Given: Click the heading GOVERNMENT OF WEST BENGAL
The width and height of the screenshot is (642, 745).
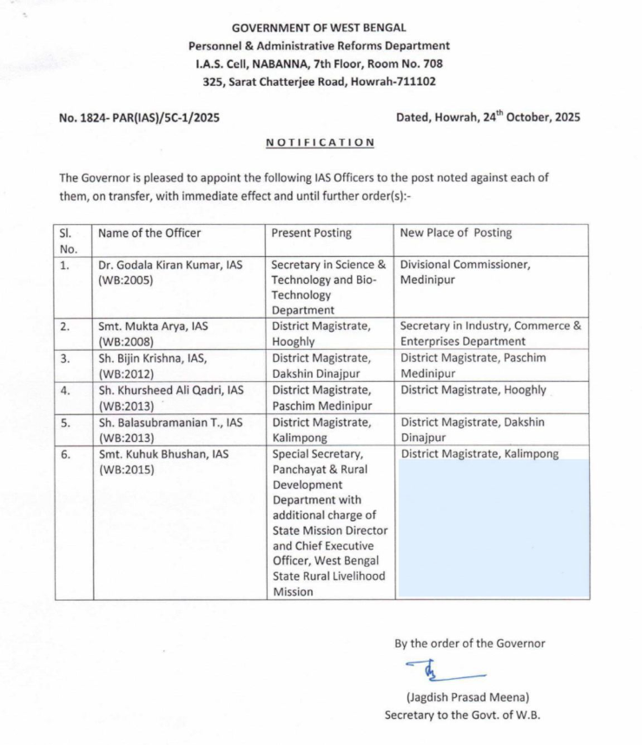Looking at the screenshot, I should [x=319, y=28].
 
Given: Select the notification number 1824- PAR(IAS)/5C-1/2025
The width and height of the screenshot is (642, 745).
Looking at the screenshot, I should [x=139, y=117].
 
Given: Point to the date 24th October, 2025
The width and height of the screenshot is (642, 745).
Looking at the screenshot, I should [x=530, y=117].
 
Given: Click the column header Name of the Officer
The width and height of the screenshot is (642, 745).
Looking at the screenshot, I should [x=149, y=233].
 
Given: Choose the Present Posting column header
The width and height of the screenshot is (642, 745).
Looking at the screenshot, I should [x=311, y=233].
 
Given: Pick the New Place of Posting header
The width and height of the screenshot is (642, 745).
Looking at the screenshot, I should [x=456, y=233].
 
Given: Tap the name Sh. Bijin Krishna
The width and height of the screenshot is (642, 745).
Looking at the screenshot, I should [x=144, y=358].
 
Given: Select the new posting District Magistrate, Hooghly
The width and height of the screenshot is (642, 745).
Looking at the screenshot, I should [x=473, y=390].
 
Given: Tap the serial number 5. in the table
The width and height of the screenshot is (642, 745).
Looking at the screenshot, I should [x=65, y=423].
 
